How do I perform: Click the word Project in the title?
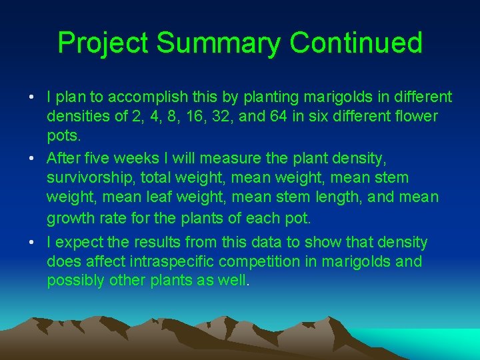[103, 43]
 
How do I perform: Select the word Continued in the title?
[356, 43]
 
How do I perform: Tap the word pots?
[63, 136]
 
